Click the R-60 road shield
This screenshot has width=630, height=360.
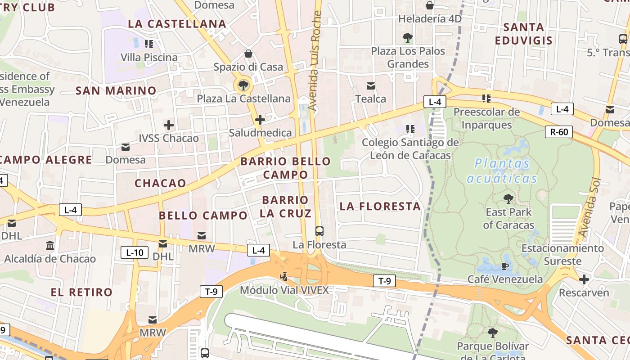[559, 132]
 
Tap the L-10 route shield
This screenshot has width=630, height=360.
[135, 252]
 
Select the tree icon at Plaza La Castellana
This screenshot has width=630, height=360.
[243, 85]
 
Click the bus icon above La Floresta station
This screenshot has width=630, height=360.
[319, 231]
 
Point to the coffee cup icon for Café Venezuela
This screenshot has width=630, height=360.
[505, 266]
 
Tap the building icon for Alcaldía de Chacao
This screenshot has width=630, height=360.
[50, 246]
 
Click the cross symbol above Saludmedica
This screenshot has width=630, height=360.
[260, 120]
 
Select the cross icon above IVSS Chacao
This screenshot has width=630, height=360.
[169, 125]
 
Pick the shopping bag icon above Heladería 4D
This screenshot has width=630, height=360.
[430, 5]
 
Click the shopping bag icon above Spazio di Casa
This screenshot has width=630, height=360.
[248, 54]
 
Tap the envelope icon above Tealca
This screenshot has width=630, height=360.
[371, 85]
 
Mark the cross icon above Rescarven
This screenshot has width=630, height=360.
[584, 279]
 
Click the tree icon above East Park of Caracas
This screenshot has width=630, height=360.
[508, 198]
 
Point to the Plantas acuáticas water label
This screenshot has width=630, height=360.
[502, 171]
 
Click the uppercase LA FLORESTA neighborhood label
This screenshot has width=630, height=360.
[380, 206]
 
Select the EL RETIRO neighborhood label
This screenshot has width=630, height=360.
[81, 292]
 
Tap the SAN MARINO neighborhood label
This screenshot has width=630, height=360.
[116, 90]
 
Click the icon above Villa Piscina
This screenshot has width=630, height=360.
[149, 44]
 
